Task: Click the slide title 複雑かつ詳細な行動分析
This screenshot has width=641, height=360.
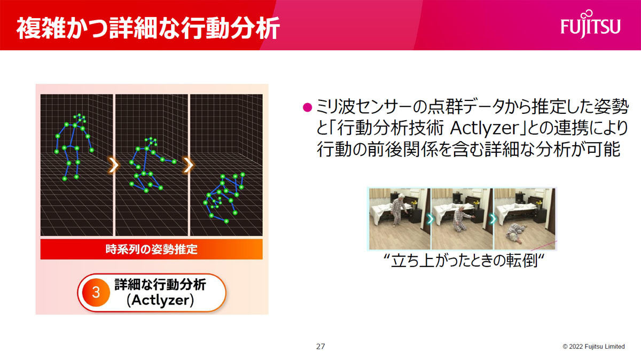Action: [x=148, y=28]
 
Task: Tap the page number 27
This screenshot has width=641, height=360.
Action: [x=320, y=347]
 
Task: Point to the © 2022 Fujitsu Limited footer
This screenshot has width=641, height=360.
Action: [x=593, y=347]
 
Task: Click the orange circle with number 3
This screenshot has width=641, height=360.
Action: [x=96, y=293]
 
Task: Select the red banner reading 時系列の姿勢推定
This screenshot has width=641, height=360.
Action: [x=151, y=249]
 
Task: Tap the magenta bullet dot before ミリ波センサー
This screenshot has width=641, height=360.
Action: [x=307, y=107]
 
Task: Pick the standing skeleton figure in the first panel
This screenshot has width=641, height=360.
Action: [x=74, y=147]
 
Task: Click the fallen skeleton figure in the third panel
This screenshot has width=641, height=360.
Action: [x=224, y=198]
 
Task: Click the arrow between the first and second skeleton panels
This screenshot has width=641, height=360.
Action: [x=114, y=165]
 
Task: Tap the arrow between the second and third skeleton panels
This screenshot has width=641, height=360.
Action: [x=189, y=165]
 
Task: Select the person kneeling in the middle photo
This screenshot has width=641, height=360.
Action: [x=462, y=218]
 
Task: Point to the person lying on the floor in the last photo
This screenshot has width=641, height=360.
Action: [x=515, y=233]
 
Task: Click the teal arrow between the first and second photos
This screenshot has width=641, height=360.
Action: [x=431, y=220]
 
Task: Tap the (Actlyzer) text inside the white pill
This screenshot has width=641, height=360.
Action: [x=160, y=300]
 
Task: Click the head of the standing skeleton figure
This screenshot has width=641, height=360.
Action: [x=80, y=118]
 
